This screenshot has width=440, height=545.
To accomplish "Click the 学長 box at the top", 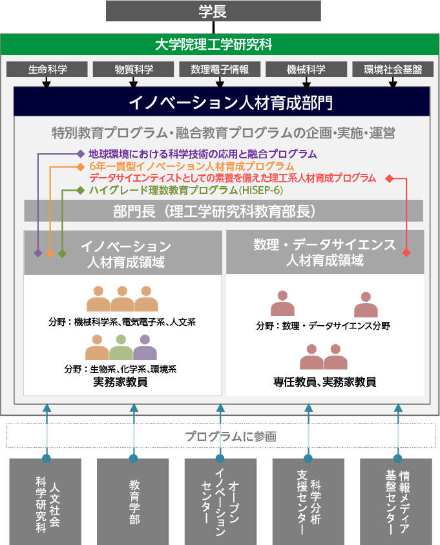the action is (213, 11).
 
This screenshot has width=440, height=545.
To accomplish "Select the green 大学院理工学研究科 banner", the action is (220, 45).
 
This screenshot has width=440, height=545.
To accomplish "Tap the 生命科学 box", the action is (47, 69).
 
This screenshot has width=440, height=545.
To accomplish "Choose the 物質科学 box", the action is (133, 69).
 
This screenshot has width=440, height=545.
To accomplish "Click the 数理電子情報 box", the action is (220, 69).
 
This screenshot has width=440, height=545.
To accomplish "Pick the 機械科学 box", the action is (306, 69).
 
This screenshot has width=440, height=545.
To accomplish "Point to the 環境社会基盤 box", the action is (393, 69).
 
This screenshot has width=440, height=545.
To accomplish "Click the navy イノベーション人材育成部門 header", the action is (222, 102).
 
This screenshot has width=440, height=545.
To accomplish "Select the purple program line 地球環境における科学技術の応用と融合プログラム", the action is (202, 154).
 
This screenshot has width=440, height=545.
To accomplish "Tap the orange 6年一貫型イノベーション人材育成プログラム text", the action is (192, 166).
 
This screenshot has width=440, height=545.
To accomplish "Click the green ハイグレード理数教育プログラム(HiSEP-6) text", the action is (186, 190).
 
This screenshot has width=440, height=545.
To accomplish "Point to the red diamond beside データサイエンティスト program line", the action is (390, 178).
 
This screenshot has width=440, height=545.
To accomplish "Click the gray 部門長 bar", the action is (224, 211).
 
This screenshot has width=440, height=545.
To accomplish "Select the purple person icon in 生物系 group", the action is (145, 347).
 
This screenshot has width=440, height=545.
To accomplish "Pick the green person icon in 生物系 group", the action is (121, 347).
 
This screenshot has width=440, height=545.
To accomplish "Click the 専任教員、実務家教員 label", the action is (325, 381).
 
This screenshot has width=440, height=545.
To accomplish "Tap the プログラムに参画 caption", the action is (231, 436).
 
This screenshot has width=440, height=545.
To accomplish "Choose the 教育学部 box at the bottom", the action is (133, 502).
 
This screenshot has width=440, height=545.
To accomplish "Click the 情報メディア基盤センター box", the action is (396, 502).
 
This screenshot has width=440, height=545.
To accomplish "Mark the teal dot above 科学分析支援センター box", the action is (308, 458).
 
